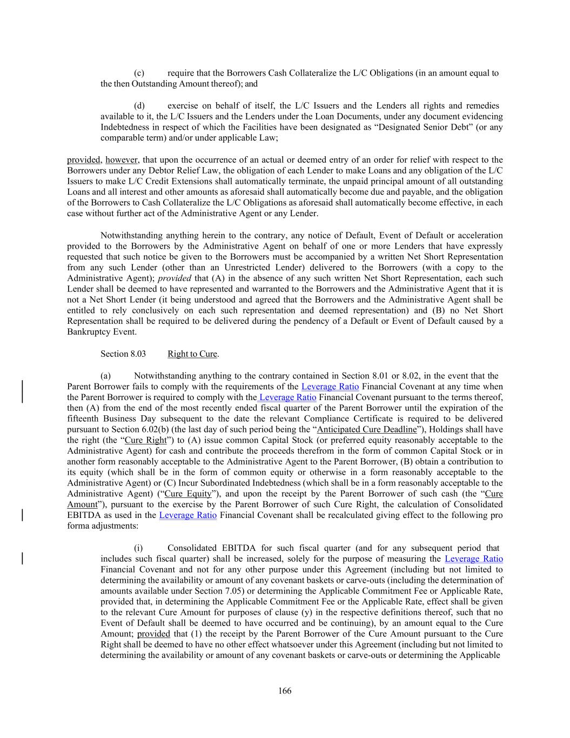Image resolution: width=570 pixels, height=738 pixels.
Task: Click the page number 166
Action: [285, 690]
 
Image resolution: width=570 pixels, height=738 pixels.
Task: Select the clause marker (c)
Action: [139, 73]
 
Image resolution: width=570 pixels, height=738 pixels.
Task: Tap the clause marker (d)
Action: [139, 105]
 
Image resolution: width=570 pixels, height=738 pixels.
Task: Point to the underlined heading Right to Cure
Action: [192, 354]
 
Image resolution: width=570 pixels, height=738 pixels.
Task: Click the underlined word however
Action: [122, 159]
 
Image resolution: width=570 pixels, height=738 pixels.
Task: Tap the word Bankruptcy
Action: [88, 332]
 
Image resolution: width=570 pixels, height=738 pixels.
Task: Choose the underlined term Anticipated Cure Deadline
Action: [367, 429]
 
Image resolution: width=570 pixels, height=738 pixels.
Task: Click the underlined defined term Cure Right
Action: [146, 440]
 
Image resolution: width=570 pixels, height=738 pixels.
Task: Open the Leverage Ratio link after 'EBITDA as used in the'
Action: [188, 515]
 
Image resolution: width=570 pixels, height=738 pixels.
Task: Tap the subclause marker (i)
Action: [139, 548]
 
